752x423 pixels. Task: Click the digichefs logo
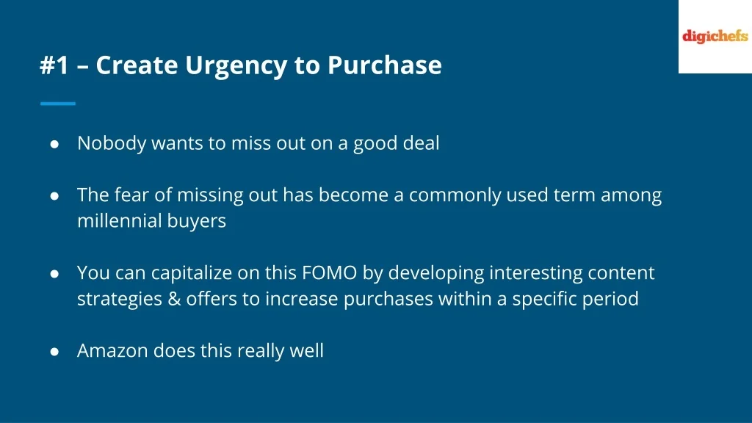point(715,37)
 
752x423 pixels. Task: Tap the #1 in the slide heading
point(54,65)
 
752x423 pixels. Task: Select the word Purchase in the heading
point(385,65)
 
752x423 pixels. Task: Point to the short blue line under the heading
point(58,103)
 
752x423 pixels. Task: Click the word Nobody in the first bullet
point(112,143)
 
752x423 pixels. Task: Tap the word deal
point(421,143)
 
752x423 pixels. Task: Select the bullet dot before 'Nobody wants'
point(54,144)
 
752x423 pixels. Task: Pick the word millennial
point(120,220)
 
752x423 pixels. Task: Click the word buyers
point(197,222)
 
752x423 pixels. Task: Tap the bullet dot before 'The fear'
point(54,195)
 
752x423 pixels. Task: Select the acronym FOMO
point(330,273)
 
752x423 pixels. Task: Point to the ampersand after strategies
point(174,299)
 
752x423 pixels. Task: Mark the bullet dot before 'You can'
point(54,273)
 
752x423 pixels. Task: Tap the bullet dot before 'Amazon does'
point(54,351)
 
